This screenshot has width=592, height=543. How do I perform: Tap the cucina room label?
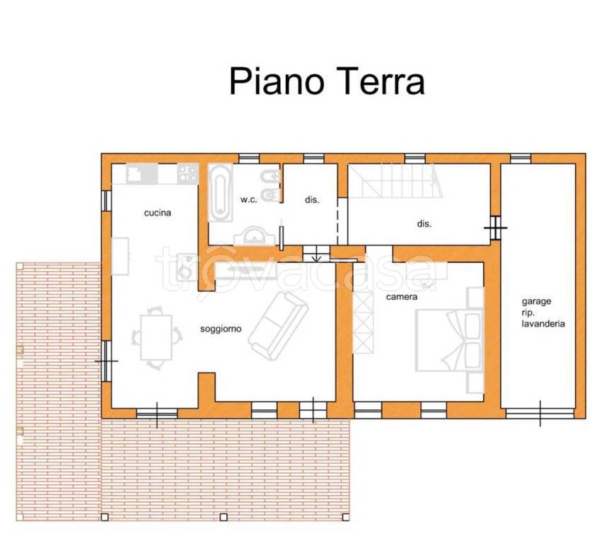pos(158,213)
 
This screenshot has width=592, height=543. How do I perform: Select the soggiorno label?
pos(221,329)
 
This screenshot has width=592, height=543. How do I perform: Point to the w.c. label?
pos(248,200)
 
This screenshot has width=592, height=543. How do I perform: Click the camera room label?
pos(401,297)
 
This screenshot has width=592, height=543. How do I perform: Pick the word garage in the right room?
pos(537,300)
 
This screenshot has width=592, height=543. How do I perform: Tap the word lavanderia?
pos(542,323)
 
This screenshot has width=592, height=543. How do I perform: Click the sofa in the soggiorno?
pos(277,324)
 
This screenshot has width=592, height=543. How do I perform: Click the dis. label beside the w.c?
pos(312,200)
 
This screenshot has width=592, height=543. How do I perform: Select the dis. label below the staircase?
pos(424,223)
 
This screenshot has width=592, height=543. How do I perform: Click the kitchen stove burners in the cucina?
pos(187,173)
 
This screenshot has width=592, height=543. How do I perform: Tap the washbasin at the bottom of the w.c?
pos(251,236)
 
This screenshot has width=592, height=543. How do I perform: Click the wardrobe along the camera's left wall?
pos(363,320)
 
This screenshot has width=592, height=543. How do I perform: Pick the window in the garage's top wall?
pos(520,158)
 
